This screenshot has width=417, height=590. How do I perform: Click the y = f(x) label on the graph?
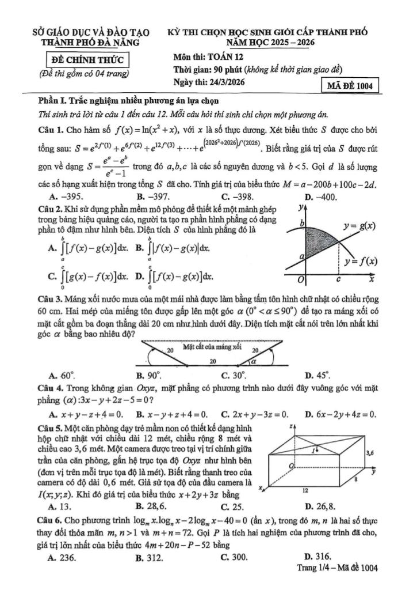(361, 261)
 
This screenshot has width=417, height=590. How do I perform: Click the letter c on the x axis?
(339, 279)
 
